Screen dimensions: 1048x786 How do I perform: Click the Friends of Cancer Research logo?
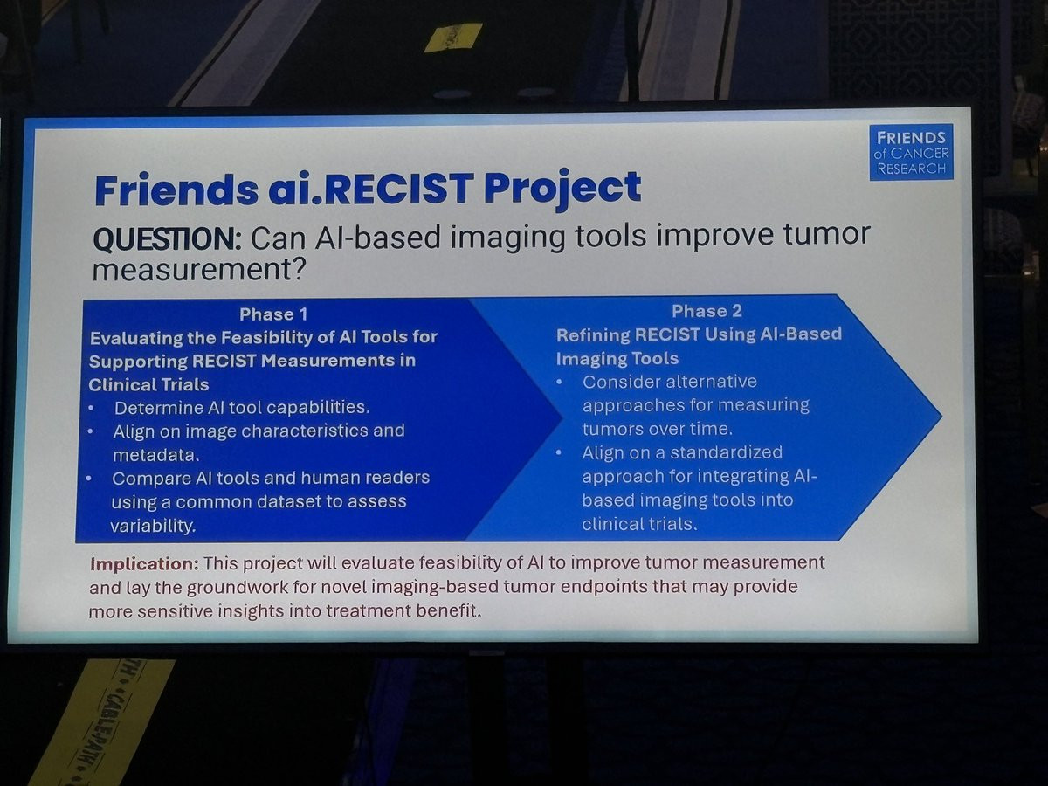[911, 152]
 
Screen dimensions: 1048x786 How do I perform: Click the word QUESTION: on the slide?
[168, 239]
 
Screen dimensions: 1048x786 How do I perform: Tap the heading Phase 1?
[273, 314]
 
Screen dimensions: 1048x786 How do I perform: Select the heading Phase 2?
[707, 311]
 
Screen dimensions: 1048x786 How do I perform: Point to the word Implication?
[144, 564]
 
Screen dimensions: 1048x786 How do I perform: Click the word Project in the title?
[562, 189]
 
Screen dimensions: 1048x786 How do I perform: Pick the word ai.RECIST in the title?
[370, 190]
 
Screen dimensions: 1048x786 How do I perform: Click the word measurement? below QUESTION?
[198, 270]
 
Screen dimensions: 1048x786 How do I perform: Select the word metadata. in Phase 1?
[156, 455]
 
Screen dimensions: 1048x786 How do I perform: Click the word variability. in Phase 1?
[153, 526]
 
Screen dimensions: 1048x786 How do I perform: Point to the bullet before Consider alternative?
[560, 383]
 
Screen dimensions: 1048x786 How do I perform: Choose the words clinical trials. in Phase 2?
[639, 524]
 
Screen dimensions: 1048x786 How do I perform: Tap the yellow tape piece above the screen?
[453, 37]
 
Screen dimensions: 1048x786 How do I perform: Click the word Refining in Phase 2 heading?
[591, 335]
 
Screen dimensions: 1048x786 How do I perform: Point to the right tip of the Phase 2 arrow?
[941, 417]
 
